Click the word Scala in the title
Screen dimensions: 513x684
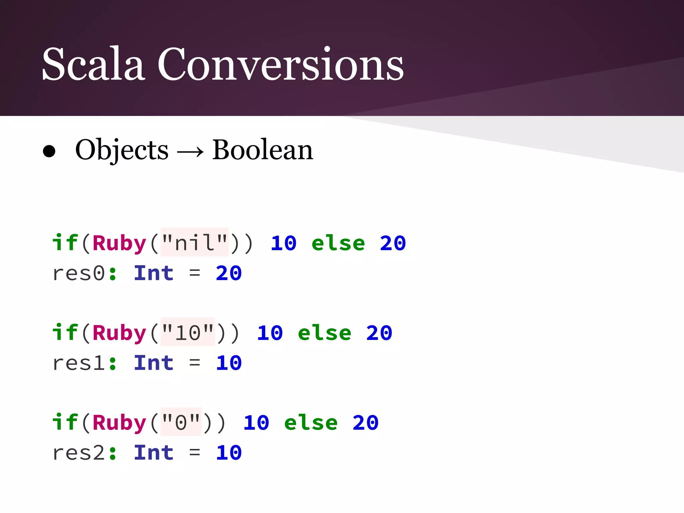(x=94, y=64)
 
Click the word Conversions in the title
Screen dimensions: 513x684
(x=281, y=64)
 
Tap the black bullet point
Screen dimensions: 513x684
(x=49, y=151)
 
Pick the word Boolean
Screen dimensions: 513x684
(x=263, y=150)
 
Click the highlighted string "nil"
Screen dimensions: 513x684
(x=195, y=243)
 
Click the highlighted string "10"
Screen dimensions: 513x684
(x=188, y=333)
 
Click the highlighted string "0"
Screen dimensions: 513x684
(x=181, y=422)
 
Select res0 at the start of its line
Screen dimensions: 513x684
(x=79, y=274)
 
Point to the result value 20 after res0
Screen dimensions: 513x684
(x=229, y=274)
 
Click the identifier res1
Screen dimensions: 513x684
(x=79, y=363)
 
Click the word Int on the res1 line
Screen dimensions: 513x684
(x=154, y=363)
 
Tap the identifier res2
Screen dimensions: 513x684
(x=79, y=453)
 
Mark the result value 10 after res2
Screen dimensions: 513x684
(x=229, y=453)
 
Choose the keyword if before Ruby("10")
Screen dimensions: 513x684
(x=65, y=333)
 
